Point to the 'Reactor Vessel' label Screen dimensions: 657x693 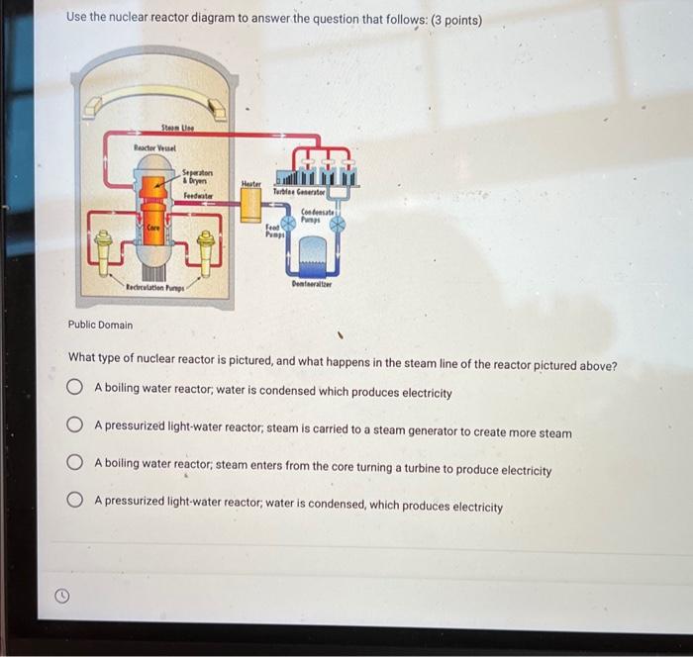pos(154,147)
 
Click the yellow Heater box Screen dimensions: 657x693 pos(251,204)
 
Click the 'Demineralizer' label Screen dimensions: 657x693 pos(313,284)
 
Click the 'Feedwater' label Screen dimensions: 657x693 pos(199,196)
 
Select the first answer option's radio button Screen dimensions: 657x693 pos(75,391)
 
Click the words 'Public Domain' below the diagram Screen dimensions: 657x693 pos(100,325)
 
